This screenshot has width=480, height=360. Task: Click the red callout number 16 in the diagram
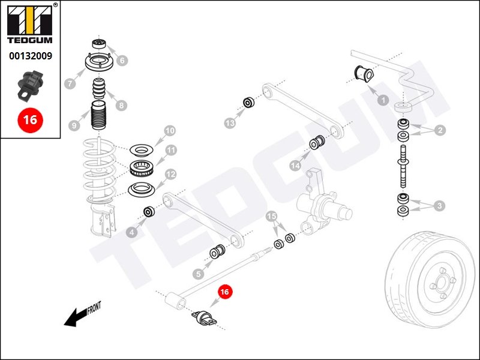coord(225,292)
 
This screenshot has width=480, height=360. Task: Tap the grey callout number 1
coord(382,101)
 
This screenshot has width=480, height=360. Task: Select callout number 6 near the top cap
coord(122,60)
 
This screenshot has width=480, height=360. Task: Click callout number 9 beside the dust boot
coord(74,125)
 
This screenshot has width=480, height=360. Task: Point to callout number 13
coord(230,123)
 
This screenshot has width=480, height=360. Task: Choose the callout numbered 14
coord(295,165)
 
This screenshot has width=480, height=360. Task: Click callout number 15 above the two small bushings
coord(272,216)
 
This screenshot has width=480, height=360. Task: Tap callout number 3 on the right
coord(440,206)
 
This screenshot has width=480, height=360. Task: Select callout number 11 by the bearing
coord(171,150)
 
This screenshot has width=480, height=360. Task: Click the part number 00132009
coord(29,56)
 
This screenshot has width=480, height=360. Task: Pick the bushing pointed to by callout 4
coord(149,212)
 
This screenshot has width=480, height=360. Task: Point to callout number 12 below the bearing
coord(171,175)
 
